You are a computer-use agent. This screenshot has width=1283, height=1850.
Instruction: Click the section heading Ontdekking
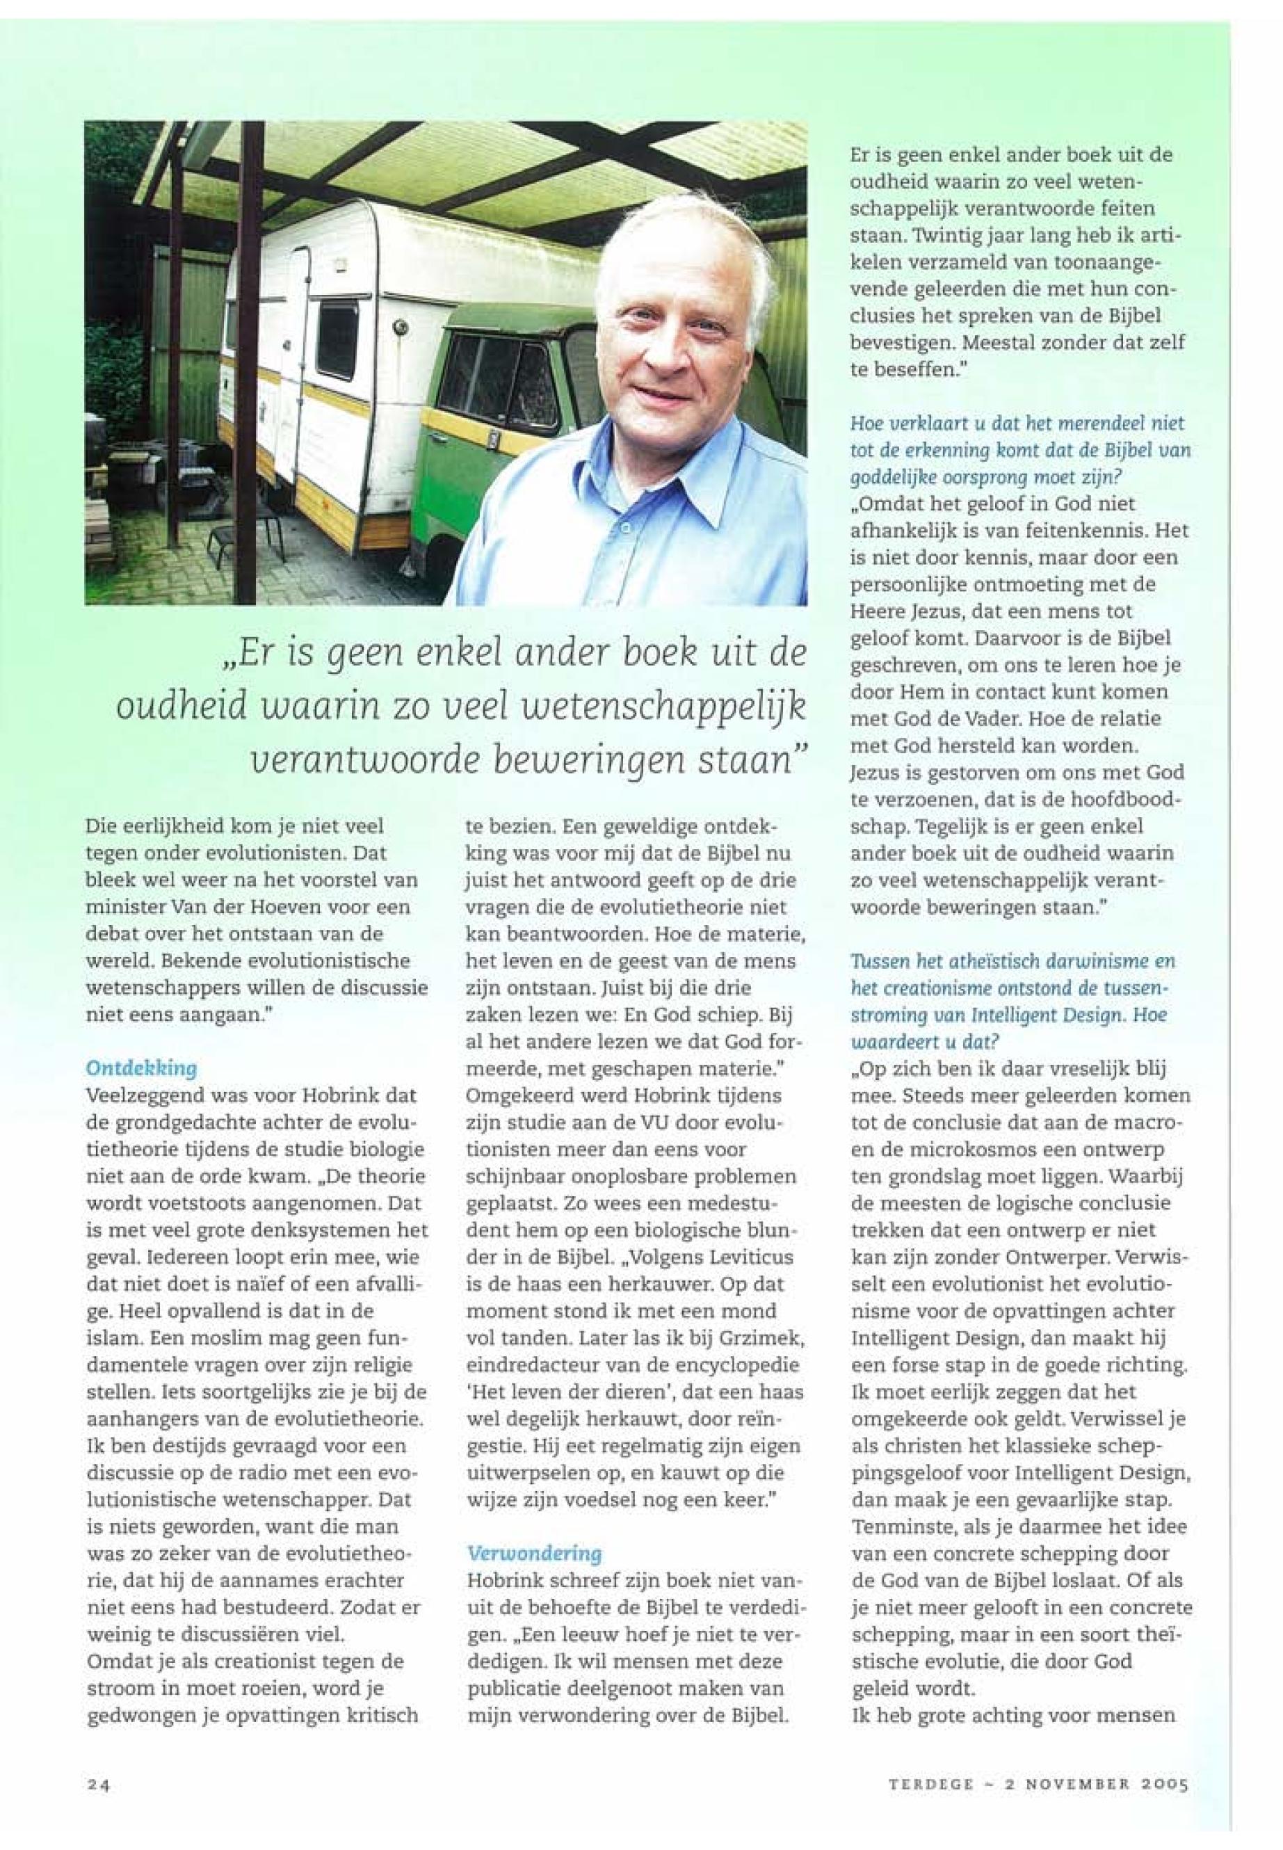pos(140,1068)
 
